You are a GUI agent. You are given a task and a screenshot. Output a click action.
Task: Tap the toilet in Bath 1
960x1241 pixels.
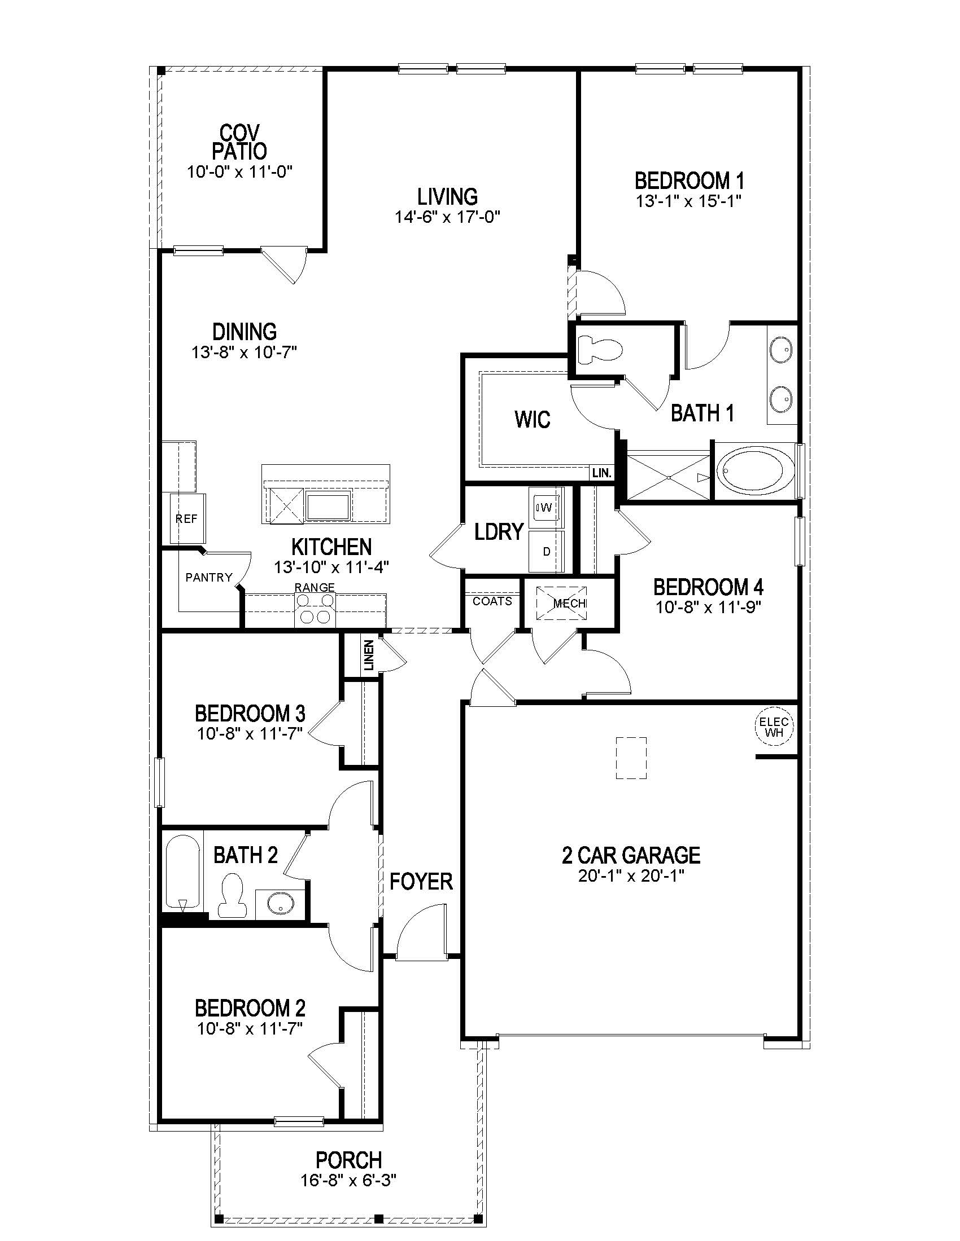pyautogui.click(x=597, y=348)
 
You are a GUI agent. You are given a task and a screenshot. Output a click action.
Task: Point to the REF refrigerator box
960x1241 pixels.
pyautogui.click(x=187, y=518)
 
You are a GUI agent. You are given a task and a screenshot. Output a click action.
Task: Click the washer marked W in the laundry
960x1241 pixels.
pyautogui.click(x=546, y=507)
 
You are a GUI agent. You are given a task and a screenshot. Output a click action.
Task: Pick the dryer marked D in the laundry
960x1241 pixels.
pyautogui.click(x=547, y=551)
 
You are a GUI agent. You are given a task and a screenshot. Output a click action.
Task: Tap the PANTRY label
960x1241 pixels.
pyautogui.click(x=209, y=577)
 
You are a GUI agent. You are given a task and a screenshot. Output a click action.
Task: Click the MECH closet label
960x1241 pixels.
pyautogui.click(x=569, y=604)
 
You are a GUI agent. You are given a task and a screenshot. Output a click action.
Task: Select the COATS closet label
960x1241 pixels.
pyautogui.click(x=492, y=601)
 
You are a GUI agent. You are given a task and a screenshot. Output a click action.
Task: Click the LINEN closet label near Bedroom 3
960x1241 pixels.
pyautogui.click(x=369, y=655)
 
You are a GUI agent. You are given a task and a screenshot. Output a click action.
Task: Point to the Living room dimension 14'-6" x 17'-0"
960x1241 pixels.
pyautogui.click(x=447, y=217)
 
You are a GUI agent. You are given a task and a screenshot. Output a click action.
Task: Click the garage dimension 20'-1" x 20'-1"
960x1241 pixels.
pyautogui.click(x=631, y=875)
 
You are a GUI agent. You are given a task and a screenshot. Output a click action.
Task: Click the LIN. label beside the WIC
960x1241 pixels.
pyautogui.click(x=602, y=473)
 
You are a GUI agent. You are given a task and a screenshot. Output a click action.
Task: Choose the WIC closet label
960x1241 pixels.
pyautogui.click(x=533, y=419)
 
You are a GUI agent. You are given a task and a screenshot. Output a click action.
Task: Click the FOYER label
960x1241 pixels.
pyautogui.click(x=421, y=881)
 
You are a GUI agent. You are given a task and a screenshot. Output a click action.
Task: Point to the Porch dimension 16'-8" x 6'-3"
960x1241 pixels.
pyautogui.click(x=348, y=1181)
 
